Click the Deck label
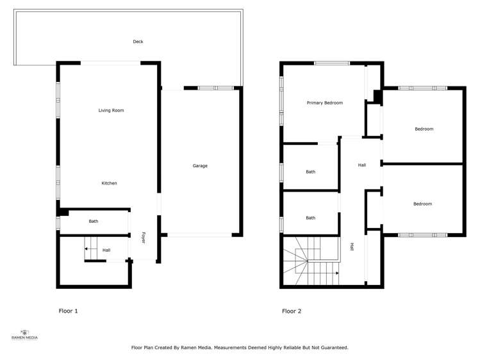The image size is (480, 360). click(138, 42)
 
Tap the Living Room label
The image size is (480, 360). click(111, 110)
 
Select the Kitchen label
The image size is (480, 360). click(109, 183)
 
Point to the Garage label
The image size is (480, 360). click(200, 166)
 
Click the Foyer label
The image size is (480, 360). click(143, 238)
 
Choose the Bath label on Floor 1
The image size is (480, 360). click(94, 221)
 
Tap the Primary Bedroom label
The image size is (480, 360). click(325, 102)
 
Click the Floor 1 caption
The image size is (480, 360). click(69, 311)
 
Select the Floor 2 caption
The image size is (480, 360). click(292, 311)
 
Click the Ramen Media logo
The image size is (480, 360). click(24, 334)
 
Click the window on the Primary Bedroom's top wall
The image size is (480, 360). click(332, 63)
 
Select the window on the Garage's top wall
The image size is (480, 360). click(216, 88)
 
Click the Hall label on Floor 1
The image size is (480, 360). click(106, 250)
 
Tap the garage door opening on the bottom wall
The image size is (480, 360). click(199, 235)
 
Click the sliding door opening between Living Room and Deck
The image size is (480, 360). click(110, 63)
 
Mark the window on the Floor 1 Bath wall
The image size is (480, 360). click(58, 223)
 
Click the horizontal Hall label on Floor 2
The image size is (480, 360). click(362, 165)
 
